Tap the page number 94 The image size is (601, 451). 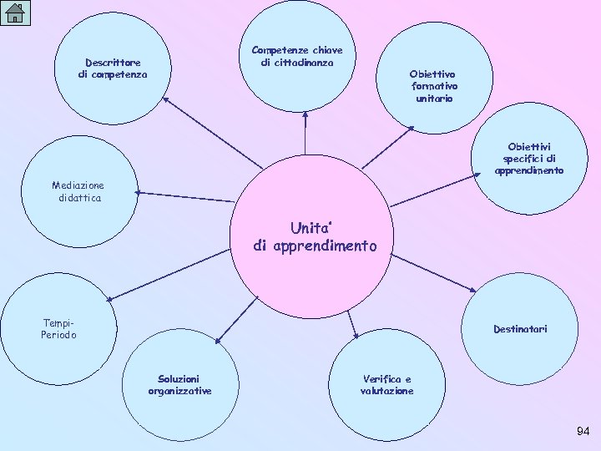pyautogui.click(x=583, y=431)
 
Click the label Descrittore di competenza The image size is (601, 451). pyautogui.click(x=114, y=68)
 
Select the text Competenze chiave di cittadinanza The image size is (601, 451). pyautogui.click(x=296, y=56)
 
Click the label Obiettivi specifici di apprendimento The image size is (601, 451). pyautogui.click(x=529, y=159)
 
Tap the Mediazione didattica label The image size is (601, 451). pyautogui.click(x=78, y=191)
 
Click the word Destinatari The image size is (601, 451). pyautogui.click(x=520, y=329)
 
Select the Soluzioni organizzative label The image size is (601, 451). pyautogui.click(x=179, y=385)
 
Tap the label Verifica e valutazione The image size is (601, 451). pyautogui.click(x=386, y=385)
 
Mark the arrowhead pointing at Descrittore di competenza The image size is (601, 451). pyautogui.click(x=164, y=99)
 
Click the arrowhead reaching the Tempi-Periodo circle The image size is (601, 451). pyautogui.click(x=109, y=297)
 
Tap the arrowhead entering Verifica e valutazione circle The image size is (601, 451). pyautogui.click(x=356, y=336)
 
